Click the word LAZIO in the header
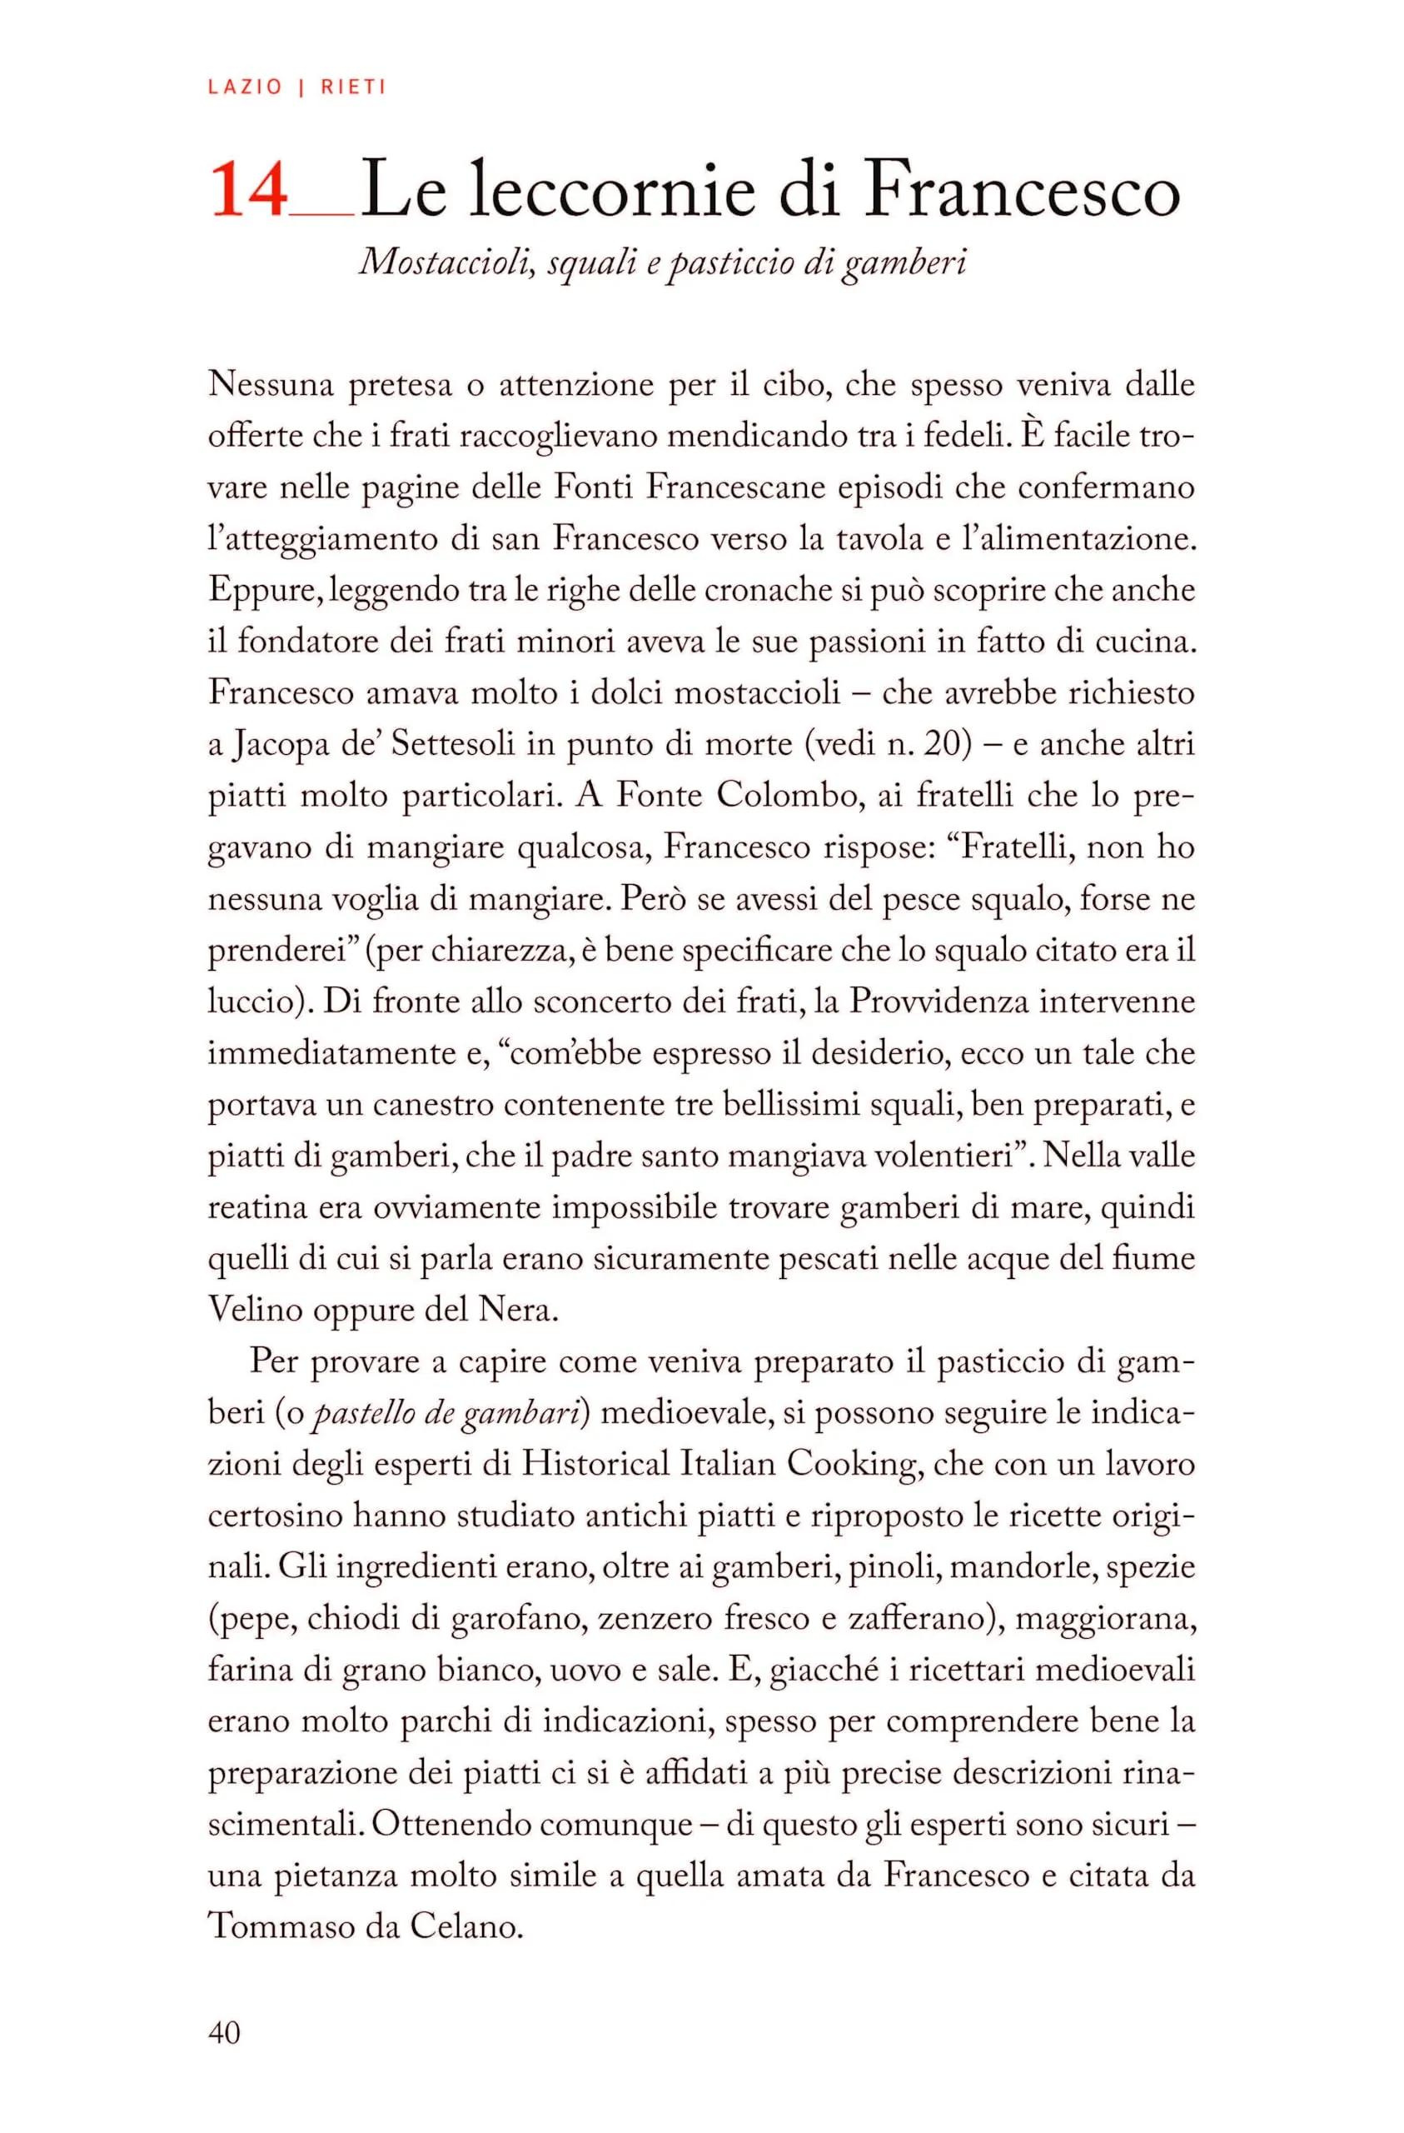[245, 87]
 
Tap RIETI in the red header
[353, 87]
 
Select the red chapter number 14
[249, 190]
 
